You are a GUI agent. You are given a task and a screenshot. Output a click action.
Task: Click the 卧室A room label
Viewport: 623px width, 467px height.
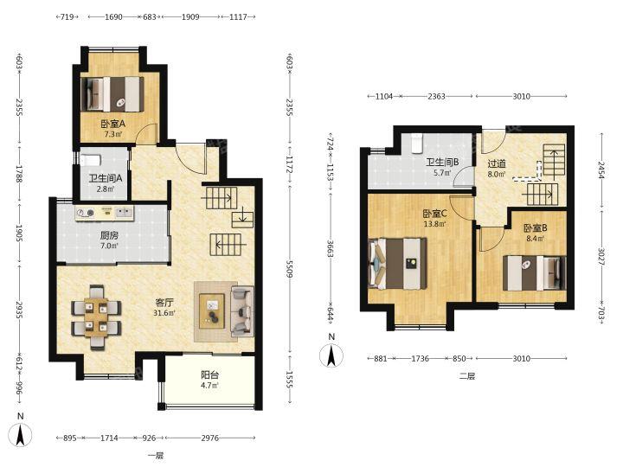(x=112, y=124)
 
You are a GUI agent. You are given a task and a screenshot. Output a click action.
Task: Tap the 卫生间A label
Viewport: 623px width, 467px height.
(x=106, y=179)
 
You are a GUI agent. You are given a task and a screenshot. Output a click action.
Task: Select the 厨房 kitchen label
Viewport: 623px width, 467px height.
(x=109, y=235)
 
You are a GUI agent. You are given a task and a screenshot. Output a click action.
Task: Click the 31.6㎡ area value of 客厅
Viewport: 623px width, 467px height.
(x=164, y=313)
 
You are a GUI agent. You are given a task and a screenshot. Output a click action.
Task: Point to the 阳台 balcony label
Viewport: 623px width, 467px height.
(x=209, y=374)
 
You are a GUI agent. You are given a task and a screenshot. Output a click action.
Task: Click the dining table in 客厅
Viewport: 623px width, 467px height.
(x=96, y=317)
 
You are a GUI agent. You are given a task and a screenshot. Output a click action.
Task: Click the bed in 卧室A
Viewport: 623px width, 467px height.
(x=112, y=94)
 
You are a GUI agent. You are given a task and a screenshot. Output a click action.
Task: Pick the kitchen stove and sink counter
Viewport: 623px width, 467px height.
(x=105, y=213)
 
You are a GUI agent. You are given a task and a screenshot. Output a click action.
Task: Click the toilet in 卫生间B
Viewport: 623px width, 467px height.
(x=416, y=144)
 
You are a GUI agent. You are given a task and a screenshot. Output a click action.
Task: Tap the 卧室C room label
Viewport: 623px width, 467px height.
(x=434, y=214)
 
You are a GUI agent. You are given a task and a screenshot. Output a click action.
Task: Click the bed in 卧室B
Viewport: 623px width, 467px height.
(x=535, y=273)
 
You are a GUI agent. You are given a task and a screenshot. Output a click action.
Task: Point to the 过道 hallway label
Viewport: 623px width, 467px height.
(x=497, y=163)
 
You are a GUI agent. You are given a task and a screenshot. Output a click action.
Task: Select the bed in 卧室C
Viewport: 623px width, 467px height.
(x=398, y=263)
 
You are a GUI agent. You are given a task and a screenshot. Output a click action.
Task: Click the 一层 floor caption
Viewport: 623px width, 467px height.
(x=156, y=456)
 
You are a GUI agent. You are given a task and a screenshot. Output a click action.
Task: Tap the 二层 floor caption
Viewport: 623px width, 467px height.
(x=467, y=375)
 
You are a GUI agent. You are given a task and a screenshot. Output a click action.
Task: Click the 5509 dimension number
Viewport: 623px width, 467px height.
(x=289, y=269)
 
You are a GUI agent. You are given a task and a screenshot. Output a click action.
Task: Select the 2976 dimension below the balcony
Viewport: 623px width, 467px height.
(x=209, y=438)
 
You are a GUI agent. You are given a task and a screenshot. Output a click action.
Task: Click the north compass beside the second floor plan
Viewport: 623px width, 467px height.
(x=331, y=355)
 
